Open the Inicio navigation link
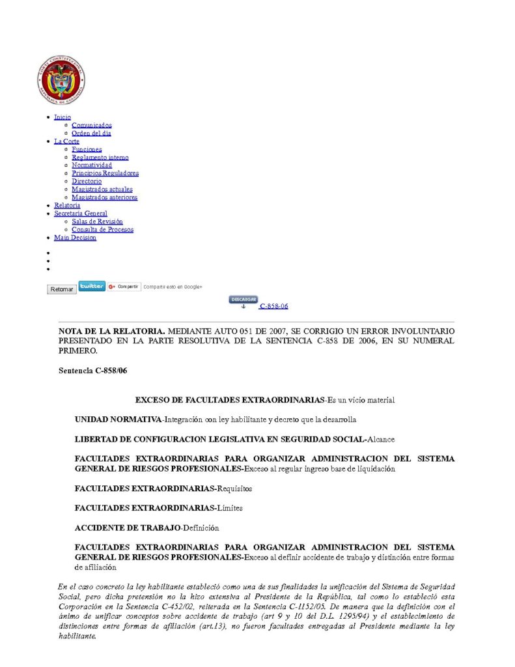coord(63,117)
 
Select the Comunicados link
coord(92,125)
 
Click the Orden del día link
coord(91,133)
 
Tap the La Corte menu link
coord(66,141)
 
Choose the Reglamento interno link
coord(100,157)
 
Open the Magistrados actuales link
coord(102,189)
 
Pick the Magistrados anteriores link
coord(104,197)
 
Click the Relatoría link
coord(67,205)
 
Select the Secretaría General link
coord(81,213)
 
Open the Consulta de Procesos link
coord(103,229)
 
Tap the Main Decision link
coord(75,238)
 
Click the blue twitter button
coord(92,286)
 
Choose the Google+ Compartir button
coord(124,287)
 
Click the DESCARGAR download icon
coord(243,300)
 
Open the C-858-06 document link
coord(273,306)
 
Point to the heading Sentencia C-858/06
coord(85,370)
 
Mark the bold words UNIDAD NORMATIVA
coord(118,420)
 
